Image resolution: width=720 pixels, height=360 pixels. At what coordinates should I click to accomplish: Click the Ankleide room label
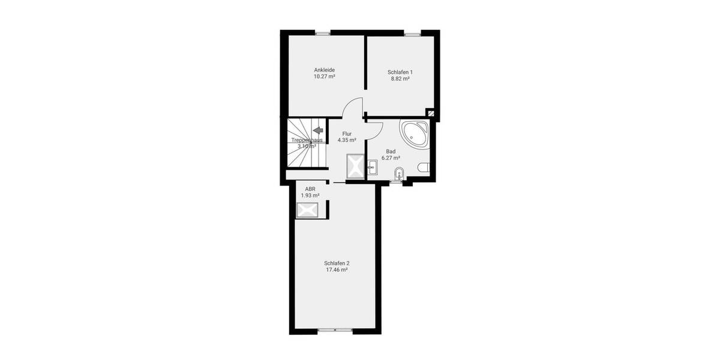click(324, 70)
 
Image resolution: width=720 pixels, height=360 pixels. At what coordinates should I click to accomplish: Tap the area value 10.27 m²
click(324, 77)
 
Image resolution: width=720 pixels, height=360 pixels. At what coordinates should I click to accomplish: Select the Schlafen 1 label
click(400, 71)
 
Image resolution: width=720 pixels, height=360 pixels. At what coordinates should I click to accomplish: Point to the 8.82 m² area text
click(400, 79)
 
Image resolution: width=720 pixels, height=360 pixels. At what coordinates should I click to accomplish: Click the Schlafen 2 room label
click(337, 263)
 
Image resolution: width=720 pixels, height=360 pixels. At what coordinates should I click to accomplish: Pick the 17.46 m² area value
click(337, 270)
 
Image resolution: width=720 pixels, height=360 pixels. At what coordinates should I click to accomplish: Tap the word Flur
click(347, 133)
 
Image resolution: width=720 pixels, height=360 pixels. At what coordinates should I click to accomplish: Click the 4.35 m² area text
click(347, 140)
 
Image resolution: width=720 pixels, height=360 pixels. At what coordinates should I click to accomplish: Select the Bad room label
click(391, 151)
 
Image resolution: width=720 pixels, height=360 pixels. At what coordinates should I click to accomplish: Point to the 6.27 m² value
click(391, 158)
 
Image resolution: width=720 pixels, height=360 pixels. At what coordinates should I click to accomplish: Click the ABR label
click(310, 189)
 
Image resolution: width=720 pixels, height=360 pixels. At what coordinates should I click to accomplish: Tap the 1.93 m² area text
click(310, 196)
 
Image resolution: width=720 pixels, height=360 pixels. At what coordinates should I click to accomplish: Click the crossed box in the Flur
click(355, 166)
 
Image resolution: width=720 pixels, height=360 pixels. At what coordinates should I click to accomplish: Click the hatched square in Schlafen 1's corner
click(430, 113)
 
